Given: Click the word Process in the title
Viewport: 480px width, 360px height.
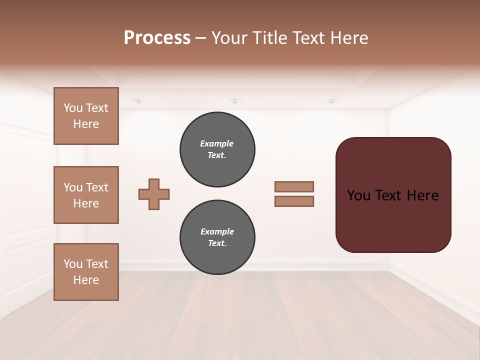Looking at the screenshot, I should tap(157, 37).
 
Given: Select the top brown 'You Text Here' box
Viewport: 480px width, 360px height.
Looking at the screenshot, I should tap(86, 116).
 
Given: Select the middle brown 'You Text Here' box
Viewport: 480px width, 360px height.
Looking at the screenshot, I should tap(86, 195).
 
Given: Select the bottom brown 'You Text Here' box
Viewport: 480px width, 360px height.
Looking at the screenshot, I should tap(86, 272).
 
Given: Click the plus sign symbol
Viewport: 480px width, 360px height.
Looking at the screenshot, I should tap(154, 194).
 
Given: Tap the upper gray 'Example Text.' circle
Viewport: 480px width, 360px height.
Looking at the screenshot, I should tap(217, 149).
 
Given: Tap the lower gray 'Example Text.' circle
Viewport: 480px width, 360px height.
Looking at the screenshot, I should tap(217, 237).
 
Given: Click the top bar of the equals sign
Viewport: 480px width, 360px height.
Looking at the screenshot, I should tap(294, 186).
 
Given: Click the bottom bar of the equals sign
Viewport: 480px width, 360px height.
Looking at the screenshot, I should tap(294, 201).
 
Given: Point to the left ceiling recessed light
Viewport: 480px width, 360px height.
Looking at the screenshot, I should tap(138, 101).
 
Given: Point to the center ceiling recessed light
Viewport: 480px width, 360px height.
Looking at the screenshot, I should tap(234, 101).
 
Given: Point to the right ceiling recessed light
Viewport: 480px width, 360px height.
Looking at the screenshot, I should tap(331, 101).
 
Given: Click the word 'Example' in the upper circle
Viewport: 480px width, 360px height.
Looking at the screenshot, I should tap(216, 143).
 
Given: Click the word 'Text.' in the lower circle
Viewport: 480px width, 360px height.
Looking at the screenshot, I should tap(217, 243).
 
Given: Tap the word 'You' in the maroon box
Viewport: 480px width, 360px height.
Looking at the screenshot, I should tap(358, 195).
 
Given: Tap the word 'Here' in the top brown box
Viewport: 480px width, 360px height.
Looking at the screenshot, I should tap(86, 124).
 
